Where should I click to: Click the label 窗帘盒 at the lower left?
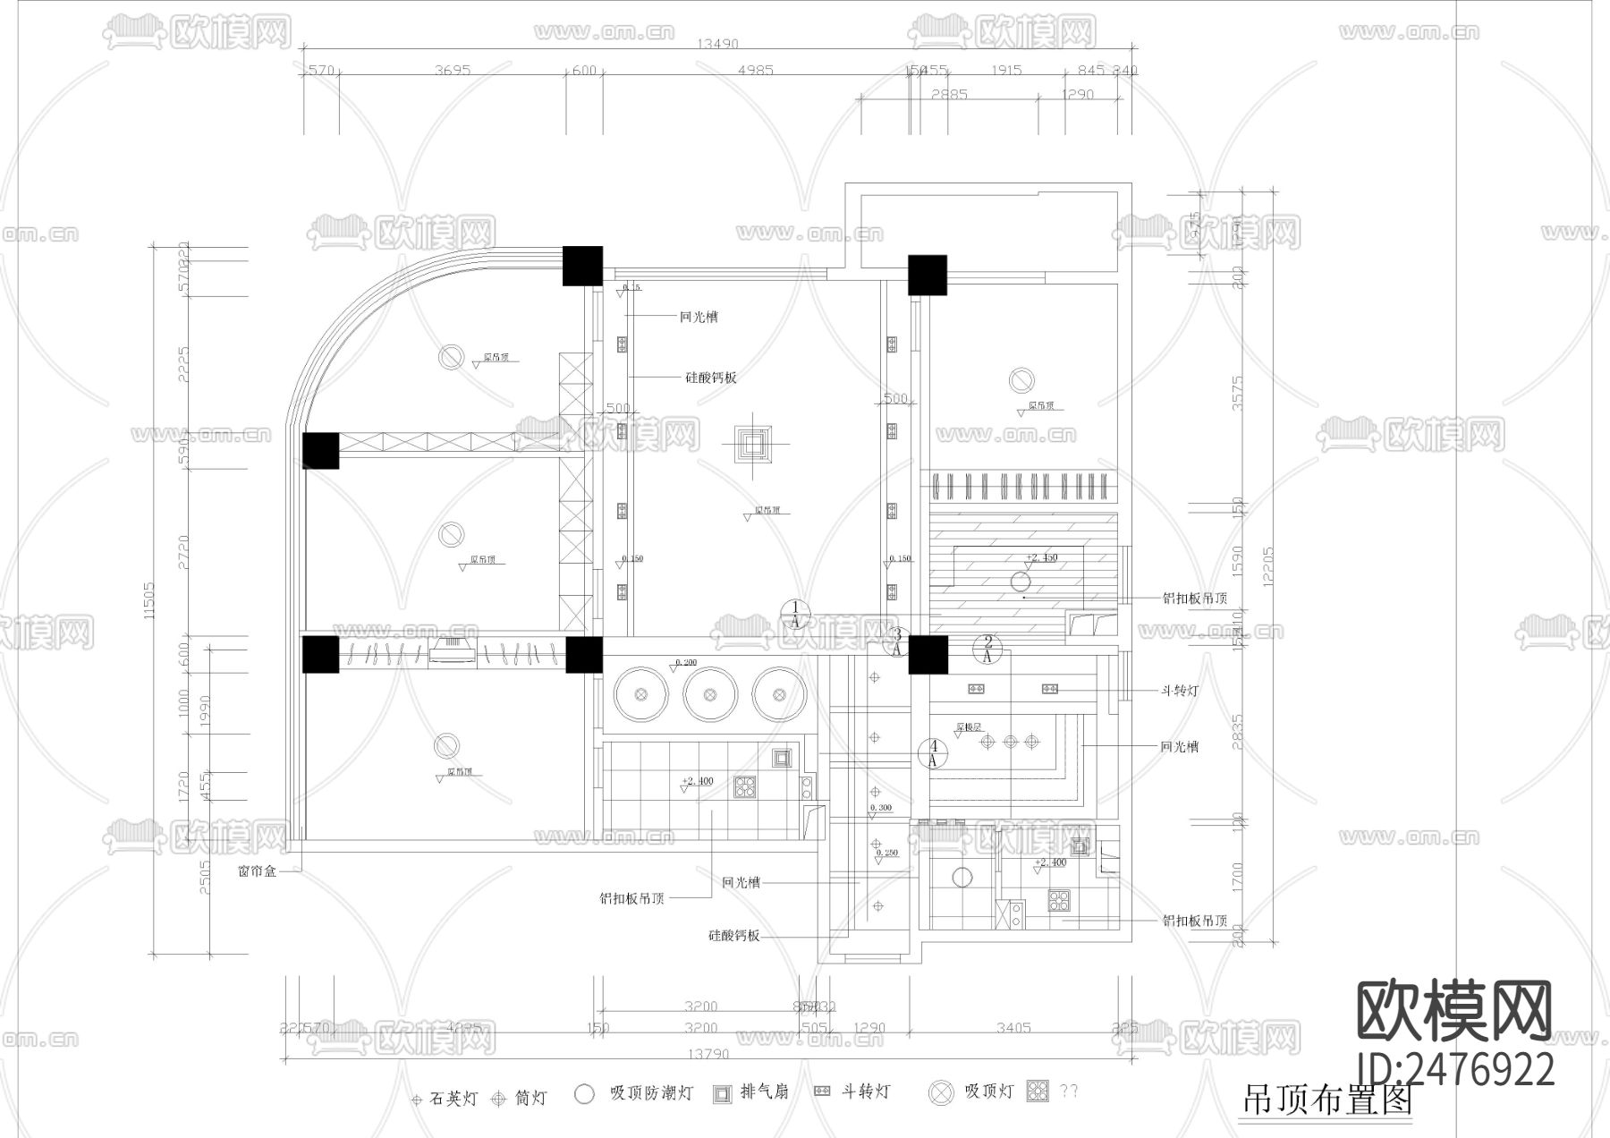(x=257, y=870)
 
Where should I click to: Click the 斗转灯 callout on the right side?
(x=1180, y=691)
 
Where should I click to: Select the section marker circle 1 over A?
(x=795, y=614)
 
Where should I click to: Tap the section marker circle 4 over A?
(x=934, y=753)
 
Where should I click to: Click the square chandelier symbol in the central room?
(x=751, y=443)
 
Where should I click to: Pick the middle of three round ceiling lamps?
(x=710, y=694)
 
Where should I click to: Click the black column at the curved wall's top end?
(x=582, y=266)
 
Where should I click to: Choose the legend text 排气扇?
(x=765, y=1092)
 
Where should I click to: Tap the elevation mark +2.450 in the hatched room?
(x=1041, y=557)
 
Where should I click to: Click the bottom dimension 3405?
(x=1013, y=1028)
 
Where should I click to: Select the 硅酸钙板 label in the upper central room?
(x=711, y=378)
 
